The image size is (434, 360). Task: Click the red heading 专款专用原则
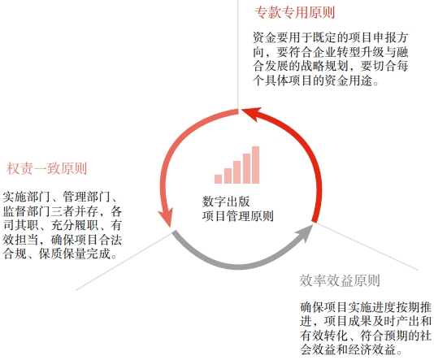(294, 12)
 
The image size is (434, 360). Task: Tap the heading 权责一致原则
(47, 168)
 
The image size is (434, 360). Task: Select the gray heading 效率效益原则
(340, 280)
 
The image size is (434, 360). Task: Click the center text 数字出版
(226, 202)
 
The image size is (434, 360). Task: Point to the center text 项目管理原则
(238, 216)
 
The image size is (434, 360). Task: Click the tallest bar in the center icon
(255, 165)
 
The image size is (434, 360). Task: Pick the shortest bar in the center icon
(218, 179)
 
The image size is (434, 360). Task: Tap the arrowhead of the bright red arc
(251, 114)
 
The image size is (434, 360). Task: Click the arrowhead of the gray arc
(305, 233)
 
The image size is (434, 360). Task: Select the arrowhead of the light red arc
(166, 219)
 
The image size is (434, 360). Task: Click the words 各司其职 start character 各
(116, 211)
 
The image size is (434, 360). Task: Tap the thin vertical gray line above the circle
(238, 54)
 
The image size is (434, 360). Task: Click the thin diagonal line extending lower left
(124, 261)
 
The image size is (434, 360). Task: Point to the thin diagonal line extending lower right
(367, 246)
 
